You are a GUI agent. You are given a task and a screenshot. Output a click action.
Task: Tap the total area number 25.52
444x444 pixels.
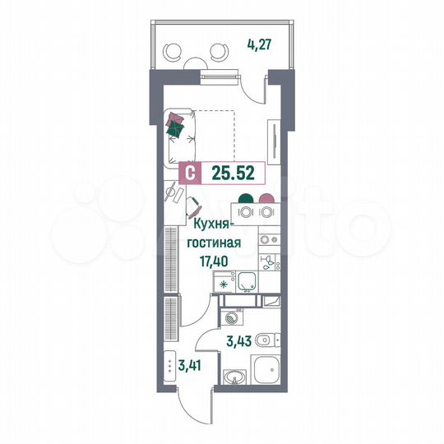[x=227, y=173]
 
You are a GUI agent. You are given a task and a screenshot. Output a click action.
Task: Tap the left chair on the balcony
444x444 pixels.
[x=174, y=51]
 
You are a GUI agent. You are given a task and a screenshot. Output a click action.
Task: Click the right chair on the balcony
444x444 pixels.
[x=219, y=52]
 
